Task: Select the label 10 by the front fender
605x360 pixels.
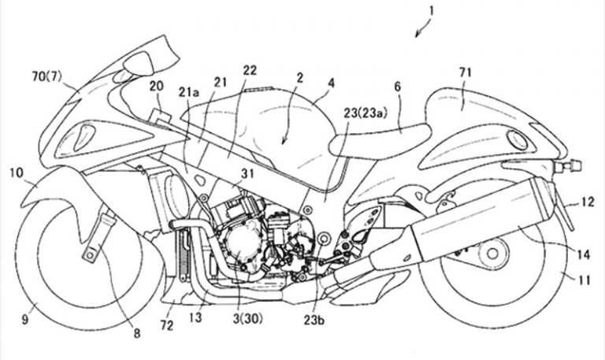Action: [x=17, y=171]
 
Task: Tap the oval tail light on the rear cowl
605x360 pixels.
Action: [x=519, y=140]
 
